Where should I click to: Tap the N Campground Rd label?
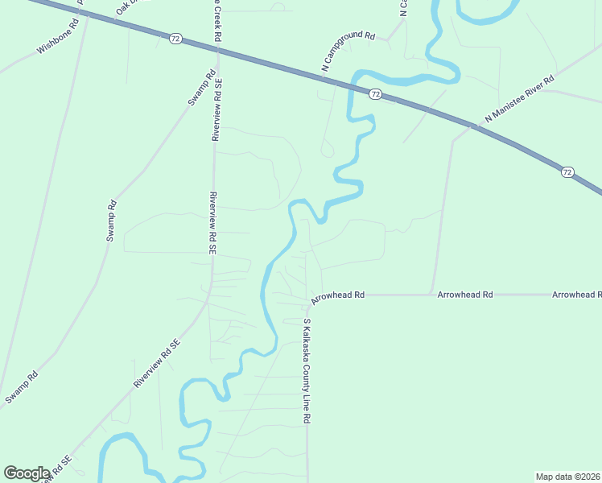coord(349,52)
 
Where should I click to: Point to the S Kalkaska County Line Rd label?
coord(307,371)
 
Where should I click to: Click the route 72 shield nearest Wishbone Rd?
coord(175,39)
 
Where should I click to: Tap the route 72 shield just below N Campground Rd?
coord(375,94)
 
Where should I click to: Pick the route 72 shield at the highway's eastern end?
coord(568,171)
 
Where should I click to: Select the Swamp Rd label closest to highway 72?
coord(202,89)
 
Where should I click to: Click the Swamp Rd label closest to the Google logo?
coord(22,387)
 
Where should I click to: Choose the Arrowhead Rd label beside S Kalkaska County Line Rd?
coord(338,295)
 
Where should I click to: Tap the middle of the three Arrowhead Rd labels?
coord(465,295)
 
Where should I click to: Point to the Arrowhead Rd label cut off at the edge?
coord(577,295)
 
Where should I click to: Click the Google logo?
coord(27,473)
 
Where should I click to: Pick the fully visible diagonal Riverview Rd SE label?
coord(157,364)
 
